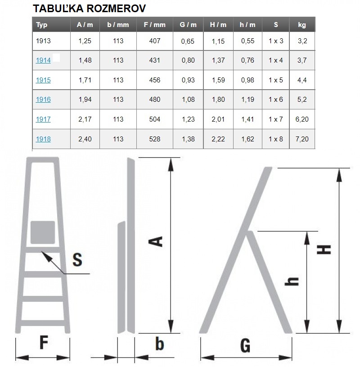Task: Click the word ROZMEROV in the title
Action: point(116,9)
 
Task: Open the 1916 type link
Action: point(43,100)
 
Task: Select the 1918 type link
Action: point(43,139)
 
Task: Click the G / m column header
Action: point(188,25)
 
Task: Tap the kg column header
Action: point(302,25)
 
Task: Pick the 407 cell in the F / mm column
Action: point(155,41)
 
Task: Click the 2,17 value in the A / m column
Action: point(85,119)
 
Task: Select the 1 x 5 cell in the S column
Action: point(276,80)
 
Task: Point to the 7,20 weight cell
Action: point(302,139)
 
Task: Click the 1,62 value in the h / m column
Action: point(247,139)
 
